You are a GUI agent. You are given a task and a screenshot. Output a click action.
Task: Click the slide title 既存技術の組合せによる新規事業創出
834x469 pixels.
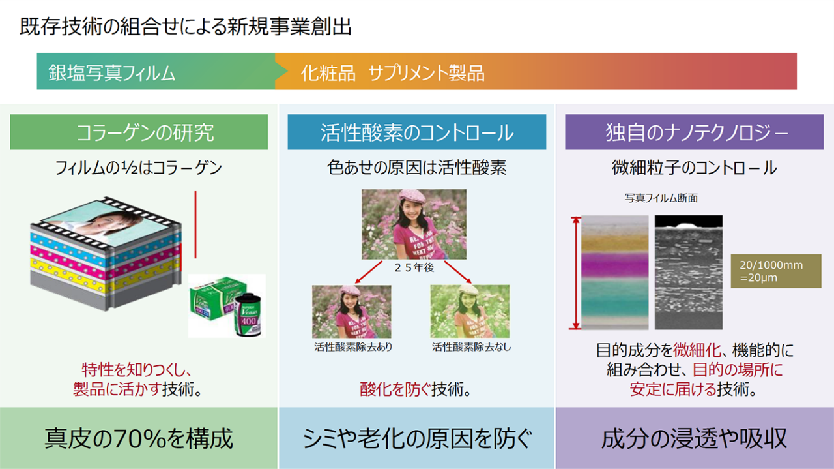point(186,27)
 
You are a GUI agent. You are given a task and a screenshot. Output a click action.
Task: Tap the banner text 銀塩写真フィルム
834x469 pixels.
point(111,72)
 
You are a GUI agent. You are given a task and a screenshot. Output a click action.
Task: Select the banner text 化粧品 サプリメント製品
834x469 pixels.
point(392,72)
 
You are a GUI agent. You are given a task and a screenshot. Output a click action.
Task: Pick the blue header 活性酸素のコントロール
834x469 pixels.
point(417,132)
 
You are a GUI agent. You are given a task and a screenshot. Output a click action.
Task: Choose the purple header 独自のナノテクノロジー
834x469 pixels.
point(695,132)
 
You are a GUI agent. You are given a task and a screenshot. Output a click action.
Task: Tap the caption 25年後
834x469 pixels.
point(414,267)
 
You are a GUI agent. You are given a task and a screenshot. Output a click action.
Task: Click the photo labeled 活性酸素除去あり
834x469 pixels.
point(351,312)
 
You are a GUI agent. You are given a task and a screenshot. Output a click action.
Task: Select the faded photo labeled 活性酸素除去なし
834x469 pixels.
point(470,312)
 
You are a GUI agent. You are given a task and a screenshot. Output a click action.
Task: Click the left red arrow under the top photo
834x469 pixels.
point(369,273)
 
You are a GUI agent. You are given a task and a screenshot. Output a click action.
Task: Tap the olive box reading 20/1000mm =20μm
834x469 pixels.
point(776,271)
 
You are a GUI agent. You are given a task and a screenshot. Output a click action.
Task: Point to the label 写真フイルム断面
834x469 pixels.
point(661,198)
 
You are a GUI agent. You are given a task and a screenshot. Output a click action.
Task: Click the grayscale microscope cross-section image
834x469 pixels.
point(689,272)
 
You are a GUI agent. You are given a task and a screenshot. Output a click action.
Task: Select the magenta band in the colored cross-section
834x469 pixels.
point(614,265)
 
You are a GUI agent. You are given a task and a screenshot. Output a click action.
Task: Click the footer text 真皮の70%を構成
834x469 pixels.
point(139,438)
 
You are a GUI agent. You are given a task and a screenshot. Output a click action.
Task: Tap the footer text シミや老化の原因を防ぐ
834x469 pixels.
point(416,438)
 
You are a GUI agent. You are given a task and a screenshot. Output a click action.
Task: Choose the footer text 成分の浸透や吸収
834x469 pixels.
point(694,438)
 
